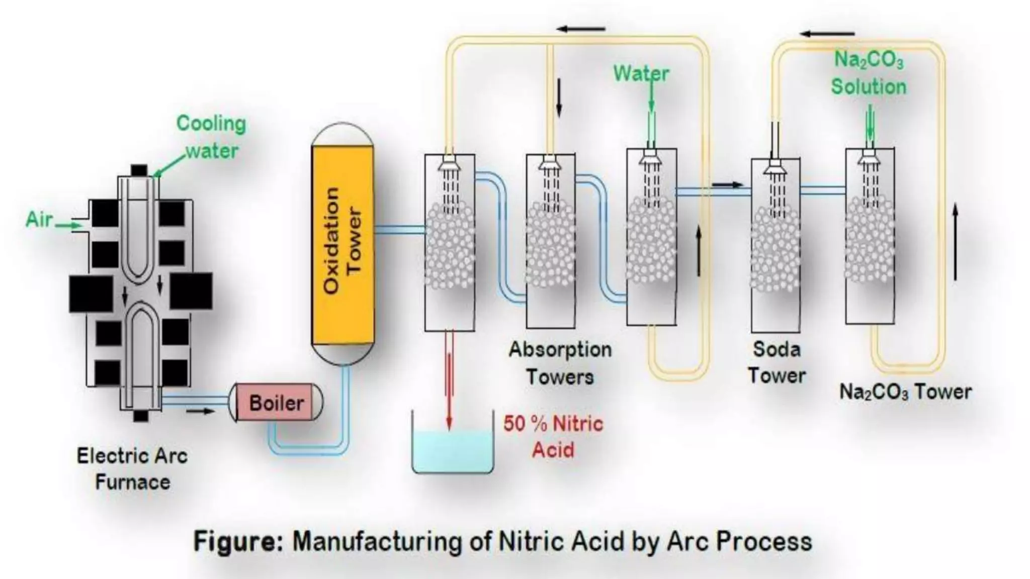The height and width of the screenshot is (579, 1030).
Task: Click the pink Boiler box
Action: click(x=277, y=403)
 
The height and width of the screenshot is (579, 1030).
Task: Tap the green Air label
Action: click(x=39, y=220)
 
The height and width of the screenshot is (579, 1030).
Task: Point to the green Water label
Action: click(x=641, y=74)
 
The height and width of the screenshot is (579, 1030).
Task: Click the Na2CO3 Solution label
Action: click(x=869, y=73)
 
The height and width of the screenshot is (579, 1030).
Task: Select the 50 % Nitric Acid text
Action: click(x=553, y=436)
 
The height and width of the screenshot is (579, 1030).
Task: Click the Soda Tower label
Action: click(x=776, y=362)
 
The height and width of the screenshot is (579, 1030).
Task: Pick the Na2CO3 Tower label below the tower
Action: click(x=905, y=392)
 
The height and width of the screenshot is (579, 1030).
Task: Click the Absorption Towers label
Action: click(x=560, y=362)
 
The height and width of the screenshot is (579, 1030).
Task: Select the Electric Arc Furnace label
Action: click(x=132, y=469)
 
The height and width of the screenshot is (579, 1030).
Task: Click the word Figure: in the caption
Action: click(x=238, y=542)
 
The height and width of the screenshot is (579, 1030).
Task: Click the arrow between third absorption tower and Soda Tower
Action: click(x=727, y=184)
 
